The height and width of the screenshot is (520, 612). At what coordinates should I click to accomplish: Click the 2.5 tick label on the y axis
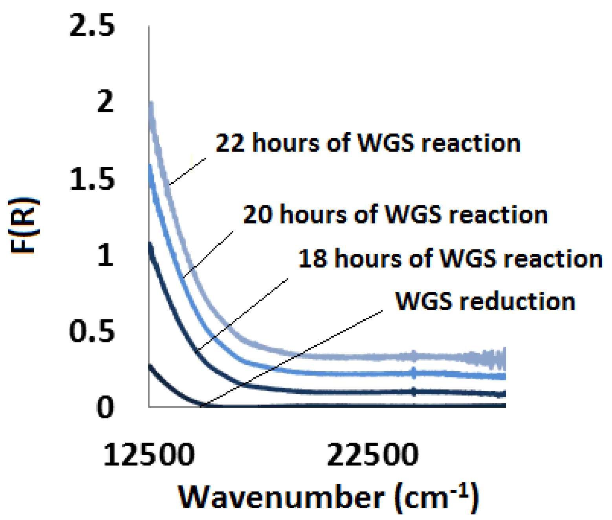(92, 26)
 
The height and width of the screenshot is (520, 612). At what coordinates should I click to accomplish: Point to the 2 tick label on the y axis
(105, 102)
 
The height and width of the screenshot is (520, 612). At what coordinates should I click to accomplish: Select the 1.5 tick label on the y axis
(92, 179)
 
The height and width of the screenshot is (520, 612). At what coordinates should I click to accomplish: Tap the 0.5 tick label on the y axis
(92, 331)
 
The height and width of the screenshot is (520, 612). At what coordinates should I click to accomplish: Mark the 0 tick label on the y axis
(105, 407)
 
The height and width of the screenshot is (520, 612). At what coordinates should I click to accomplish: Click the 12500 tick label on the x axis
(149, 455)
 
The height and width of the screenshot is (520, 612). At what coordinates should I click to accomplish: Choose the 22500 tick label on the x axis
(372, 455)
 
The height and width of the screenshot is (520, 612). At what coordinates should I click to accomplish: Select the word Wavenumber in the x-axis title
(281, 497)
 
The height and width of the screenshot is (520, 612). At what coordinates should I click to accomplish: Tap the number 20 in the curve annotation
(257, 215)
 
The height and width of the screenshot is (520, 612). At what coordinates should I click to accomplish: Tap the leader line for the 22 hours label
(188, 171)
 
